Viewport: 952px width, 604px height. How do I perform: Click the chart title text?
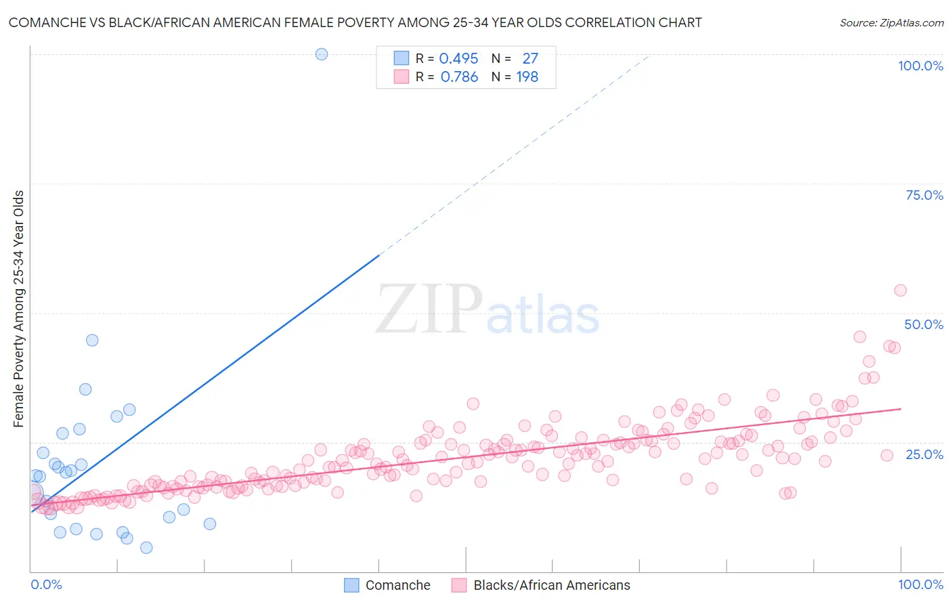(x=355, y=22)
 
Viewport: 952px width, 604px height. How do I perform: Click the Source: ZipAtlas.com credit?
(x=891, y=22)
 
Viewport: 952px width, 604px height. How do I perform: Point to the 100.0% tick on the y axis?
(x=920, y=66)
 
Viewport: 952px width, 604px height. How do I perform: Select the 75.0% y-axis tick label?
(x=924, y=195)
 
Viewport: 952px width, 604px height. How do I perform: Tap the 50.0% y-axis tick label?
(x=924, y=324)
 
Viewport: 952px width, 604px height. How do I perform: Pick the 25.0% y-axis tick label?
(x=924, y=454)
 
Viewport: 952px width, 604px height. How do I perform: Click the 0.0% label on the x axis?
(x=46, y=584)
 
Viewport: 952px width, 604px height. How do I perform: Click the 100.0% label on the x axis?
(x=920, y=584)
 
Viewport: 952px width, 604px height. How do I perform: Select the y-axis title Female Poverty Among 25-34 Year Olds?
(x=19, y=309)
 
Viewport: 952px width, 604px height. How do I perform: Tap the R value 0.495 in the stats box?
(x=458, y=59)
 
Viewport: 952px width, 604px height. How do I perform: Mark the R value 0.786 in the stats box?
(x=459, y=77)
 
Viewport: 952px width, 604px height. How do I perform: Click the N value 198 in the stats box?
(x=527, y=77)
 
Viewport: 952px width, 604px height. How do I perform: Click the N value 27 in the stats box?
(x=530, y=59)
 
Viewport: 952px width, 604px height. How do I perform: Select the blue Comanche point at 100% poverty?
(x=322, y=54)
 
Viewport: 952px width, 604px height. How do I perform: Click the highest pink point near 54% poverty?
(x=900, y=290)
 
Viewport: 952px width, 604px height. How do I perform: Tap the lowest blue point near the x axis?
(x=146, y=548)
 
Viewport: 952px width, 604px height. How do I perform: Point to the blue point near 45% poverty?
(x=92, y=341)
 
